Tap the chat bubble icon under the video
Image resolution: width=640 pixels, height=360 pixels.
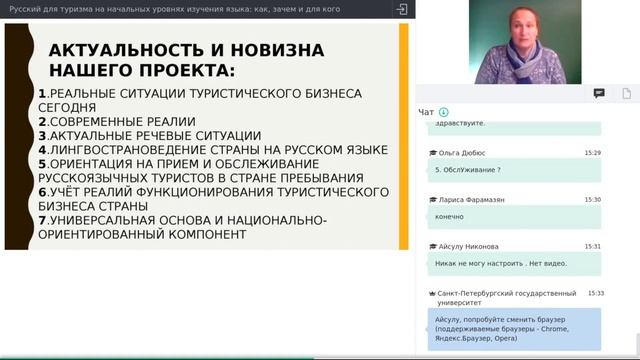[x=599, y=93]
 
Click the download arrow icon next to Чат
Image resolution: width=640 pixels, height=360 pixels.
[x=443, y=112]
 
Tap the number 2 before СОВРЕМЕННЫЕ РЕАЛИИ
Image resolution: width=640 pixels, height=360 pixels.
[x=41, y=121]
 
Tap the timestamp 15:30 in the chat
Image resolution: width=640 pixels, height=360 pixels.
[x=593, y=199]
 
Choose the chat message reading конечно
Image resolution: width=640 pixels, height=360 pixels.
[x=450, y=216]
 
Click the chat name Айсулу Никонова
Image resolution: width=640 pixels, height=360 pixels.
[x=469, y=246]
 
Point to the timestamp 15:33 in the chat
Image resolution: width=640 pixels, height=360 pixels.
[x=596, y=293]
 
